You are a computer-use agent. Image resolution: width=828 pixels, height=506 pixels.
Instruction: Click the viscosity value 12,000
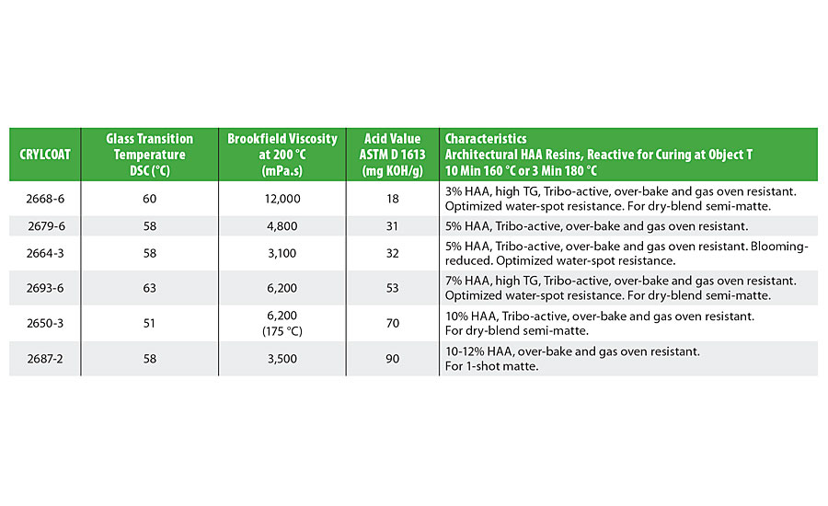pyautogui.click(x=282, y=198)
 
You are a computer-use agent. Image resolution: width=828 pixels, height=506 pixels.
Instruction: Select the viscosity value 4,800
pyautogui.click(x=282, y=226)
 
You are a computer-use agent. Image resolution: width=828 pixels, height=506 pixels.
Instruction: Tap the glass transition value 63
pyautogui.click(x=150, y=287)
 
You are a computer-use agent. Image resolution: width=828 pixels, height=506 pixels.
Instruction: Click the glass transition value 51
pyautogui.click(x=150, y=323)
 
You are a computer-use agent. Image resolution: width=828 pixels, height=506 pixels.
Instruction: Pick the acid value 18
pyautogui.click(x=393, y=198)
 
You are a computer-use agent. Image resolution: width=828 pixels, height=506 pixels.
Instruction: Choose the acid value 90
pyautogui.click(x=393, y=358)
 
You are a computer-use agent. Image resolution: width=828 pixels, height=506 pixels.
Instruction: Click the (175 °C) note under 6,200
pyautogui.click(x=282, y=330)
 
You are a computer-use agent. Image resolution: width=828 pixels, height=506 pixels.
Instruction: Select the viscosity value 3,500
pyautogui.click(x=282, y=358)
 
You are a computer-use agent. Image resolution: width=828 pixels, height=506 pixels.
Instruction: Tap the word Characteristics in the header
pyautogui.click(x=485, y=139)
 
